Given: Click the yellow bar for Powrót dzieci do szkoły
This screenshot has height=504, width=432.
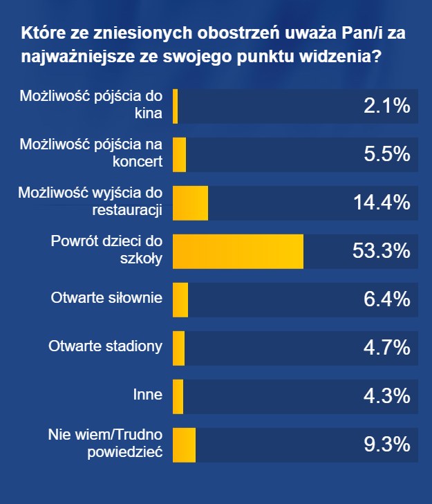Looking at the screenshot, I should coord(238,251).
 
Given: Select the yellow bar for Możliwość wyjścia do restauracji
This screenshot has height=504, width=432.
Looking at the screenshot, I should coord(190,203).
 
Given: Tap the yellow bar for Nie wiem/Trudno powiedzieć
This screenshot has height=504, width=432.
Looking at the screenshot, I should coord(184,445).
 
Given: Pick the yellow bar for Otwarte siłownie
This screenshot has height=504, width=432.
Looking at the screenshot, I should coord(180,299).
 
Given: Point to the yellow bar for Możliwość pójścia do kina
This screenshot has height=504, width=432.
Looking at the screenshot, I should coord(176,106).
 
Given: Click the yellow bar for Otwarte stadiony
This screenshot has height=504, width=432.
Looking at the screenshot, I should coord(178,348).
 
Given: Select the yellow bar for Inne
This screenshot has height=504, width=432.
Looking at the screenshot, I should coord(178,396).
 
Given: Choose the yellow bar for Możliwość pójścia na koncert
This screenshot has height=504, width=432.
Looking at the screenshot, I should coord(179,154).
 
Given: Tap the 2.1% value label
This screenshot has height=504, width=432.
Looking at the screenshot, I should coord(387,106).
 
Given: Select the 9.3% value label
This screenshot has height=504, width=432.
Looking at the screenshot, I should coord(387,445).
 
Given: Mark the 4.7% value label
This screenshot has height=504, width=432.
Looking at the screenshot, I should coord(387,348).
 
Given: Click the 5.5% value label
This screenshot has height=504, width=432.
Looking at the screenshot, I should coord(387,154).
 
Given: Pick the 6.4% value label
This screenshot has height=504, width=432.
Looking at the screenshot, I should coord(387,299).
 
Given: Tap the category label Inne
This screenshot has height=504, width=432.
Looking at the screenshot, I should coord(147,395).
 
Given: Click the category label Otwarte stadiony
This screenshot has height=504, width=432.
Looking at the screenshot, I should coord(106,347).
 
